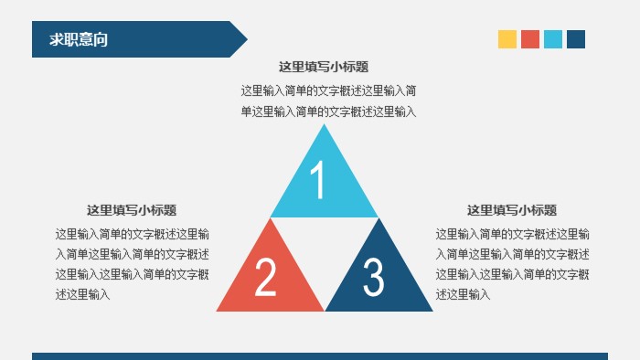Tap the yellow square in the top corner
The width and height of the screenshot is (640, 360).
(x=507, y=39)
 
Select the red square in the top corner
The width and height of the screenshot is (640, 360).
(x=530, y=39)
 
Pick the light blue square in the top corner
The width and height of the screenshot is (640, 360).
(x=553, y=39)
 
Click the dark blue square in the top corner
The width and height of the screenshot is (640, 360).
(x=576, y=39)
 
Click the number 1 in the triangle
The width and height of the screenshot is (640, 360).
(x=318, y=181)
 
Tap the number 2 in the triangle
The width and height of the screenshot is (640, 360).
(x=265, y=278)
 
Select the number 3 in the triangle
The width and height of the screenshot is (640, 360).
(x=373, y=278)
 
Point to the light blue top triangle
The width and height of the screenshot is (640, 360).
(x=324, y=196)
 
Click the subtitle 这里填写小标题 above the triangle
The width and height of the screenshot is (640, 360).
(x=324, y=67)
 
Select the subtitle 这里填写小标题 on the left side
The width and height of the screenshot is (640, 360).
(x=132, y=210)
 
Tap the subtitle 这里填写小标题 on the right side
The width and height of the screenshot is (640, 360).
(x=512, y=210)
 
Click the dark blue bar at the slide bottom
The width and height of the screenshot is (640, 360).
(x=320, y=356)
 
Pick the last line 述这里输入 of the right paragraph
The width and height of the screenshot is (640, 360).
(x=464, y=294)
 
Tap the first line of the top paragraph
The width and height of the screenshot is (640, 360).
(x=329, y=90)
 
